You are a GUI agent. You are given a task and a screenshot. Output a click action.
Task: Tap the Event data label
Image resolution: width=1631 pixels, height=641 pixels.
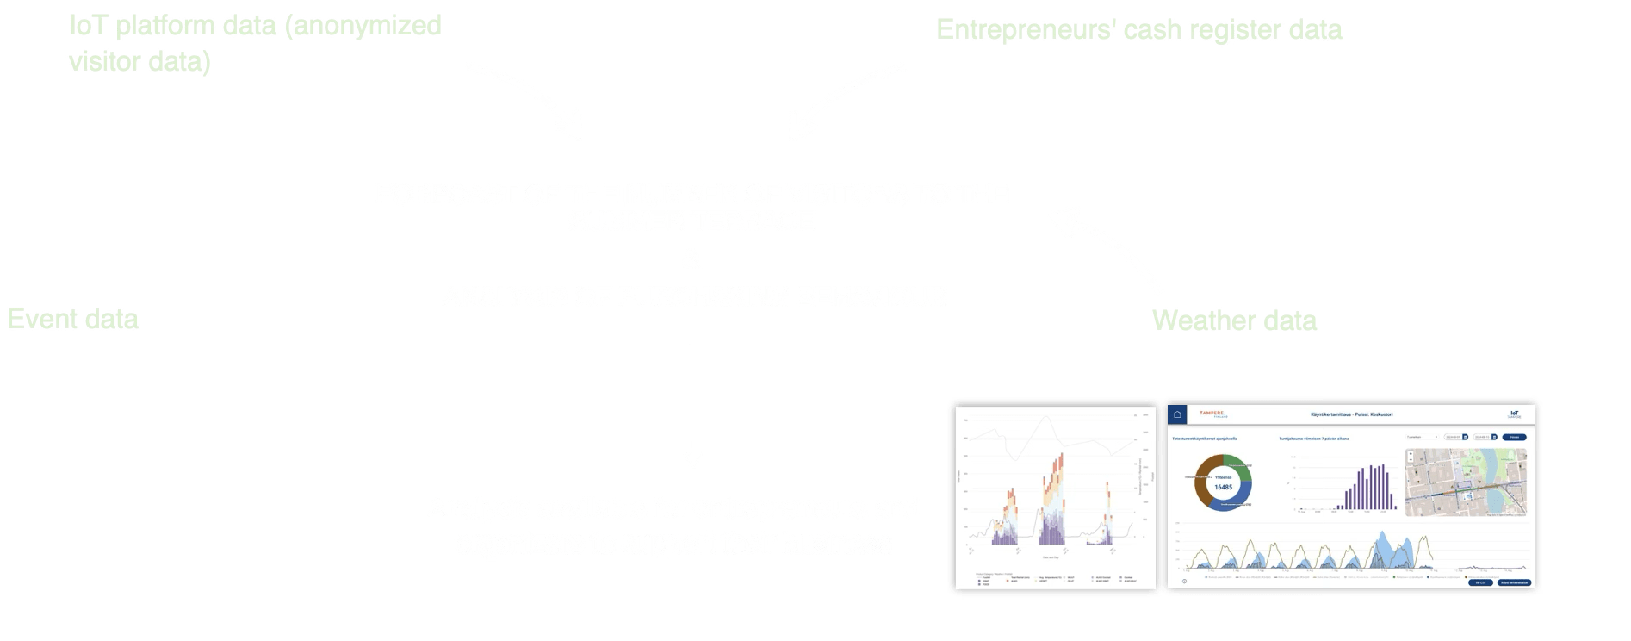(73, 320)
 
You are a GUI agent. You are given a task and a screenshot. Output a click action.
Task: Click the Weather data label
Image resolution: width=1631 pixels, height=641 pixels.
(1234, 320)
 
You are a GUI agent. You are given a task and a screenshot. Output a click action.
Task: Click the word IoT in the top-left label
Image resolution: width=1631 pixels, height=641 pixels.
(89, 26)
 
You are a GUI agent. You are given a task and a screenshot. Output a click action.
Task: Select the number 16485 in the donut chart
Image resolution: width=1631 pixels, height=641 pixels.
(1223, 487)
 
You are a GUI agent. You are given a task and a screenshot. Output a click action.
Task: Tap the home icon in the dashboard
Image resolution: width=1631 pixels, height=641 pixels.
(1177, 414)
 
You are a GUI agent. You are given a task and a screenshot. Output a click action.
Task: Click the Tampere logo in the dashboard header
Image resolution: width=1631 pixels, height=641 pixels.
(1212, 414)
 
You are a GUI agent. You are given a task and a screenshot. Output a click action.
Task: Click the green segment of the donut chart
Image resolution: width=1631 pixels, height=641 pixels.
(1236, 465)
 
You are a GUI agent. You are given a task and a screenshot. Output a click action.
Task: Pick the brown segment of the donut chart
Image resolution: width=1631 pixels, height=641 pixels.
(1200, 482)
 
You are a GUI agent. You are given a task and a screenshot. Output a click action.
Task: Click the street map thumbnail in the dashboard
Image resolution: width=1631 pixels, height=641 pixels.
(1465, 482)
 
